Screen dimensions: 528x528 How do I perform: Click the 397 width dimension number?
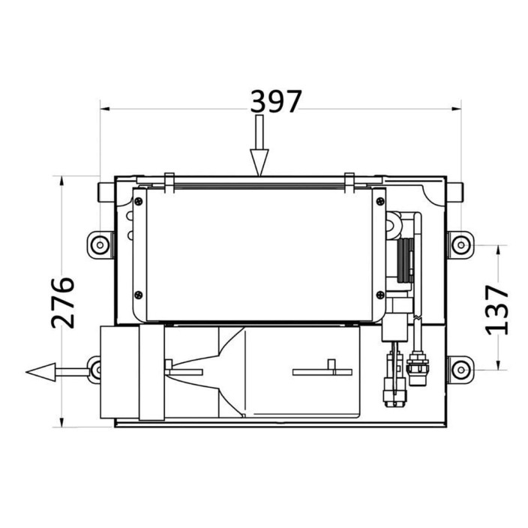click(276, 101)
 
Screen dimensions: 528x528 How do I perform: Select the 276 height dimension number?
click(63, 303)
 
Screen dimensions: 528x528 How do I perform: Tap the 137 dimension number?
click(496, 310)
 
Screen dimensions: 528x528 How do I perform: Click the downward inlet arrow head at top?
click(259, 162)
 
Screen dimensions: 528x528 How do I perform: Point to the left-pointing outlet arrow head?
click(40, 372)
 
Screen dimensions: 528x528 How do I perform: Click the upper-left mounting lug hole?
click(100, 244)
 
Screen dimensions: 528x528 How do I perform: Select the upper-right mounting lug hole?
click(461, 244)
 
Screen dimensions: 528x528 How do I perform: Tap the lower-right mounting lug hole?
click(461, 370)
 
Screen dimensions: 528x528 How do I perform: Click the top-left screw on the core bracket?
click(139, 202)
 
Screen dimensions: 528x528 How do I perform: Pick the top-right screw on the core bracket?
click(380, 202)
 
